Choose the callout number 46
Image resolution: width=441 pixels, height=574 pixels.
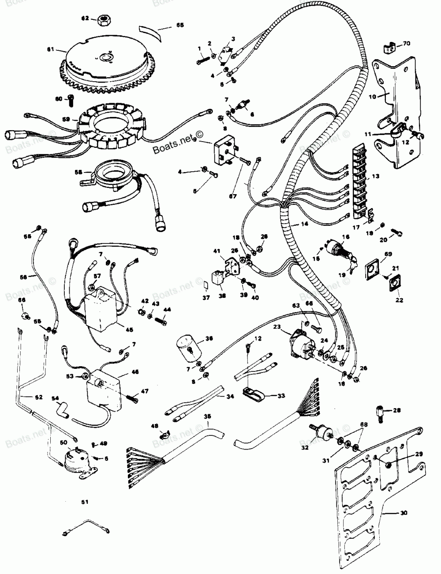[x=135, y=372]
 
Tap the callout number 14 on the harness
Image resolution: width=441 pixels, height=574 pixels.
[x=304, y=224]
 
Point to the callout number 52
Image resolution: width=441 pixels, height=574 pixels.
[x=38, y=397]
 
